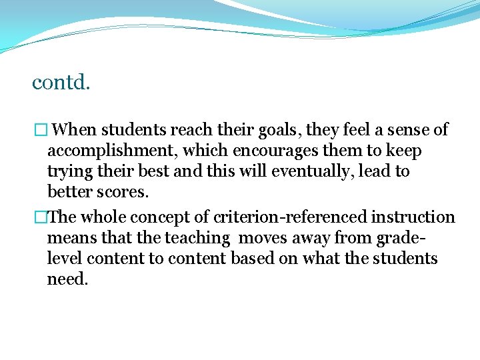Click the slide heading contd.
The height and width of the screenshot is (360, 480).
[61, 83]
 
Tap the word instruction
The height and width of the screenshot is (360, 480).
[413, 217]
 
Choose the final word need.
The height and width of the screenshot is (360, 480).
[67, 279]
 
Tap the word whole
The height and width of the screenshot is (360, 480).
[104, 217]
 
